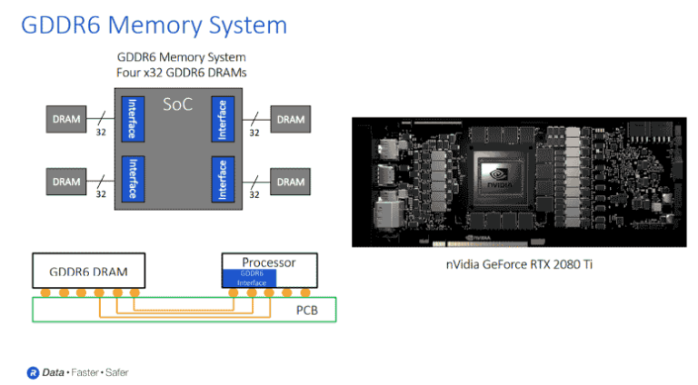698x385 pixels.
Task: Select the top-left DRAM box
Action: [66, 119]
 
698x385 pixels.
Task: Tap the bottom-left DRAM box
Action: [66, 182]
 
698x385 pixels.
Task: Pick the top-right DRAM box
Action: [290, 119]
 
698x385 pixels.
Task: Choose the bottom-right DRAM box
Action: [290, 182]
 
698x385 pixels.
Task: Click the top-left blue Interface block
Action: [133, 119]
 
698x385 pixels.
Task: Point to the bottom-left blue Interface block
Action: [133, 180]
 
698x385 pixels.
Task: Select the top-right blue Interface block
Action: [222, 119]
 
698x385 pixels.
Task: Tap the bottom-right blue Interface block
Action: [222, 180]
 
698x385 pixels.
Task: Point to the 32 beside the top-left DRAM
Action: [103, 133]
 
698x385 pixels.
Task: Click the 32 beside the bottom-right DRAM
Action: [254, 194]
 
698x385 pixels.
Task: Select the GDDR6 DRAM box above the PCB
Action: [87, 271]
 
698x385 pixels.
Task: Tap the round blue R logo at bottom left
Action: [33, 372]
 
